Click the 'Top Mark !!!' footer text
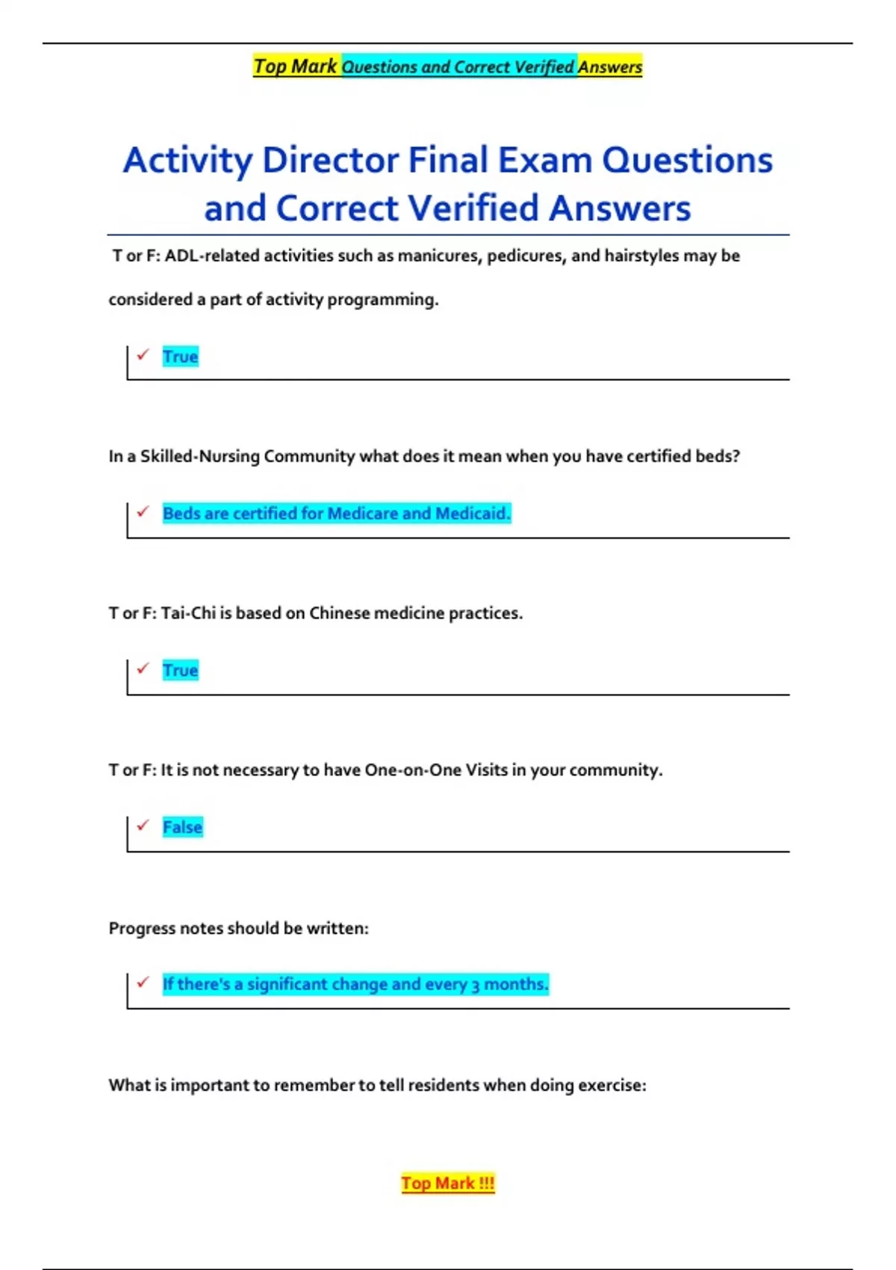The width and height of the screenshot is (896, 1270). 447,1183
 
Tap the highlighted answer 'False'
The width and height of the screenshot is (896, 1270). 182,827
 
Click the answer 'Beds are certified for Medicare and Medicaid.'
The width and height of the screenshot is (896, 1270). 336,513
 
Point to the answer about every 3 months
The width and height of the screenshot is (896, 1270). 355,984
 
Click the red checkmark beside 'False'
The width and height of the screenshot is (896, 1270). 143,825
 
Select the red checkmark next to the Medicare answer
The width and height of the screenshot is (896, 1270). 143,511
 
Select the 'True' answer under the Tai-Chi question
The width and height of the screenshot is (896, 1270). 180,670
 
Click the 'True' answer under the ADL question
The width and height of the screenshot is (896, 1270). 180,356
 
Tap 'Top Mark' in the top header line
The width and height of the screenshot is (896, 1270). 295,66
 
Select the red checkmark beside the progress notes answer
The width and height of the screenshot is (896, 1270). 143,982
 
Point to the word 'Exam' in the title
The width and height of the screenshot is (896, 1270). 544,160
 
